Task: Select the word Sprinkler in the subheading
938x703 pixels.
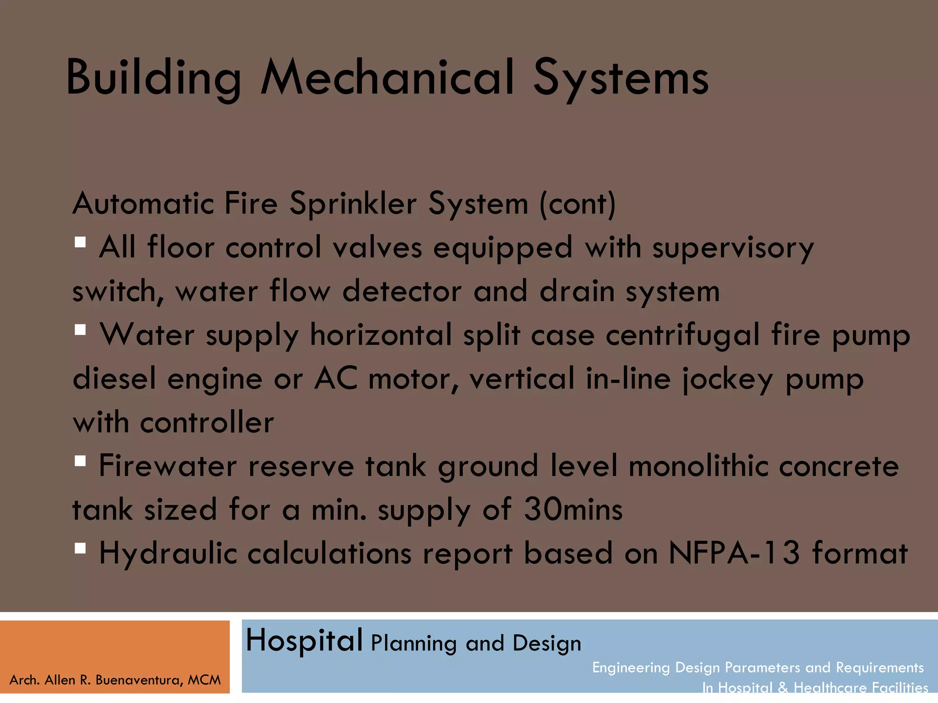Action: pyautogui.click(x=353, y=203)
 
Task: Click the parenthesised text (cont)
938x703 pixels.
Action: pyautogui.click(x=578, y=203)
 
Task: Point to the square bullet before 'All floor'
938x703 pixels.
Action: pyautogui.click(x=81, y=242)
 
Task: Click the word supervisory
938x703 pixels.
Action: pyautogui.click(x=733, y=248)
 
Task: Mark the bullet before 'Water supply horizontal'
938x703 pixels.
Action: pyautogui.click(x=81, y=330)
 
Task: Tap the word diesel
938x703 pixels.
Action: pyautogui.click(x=115, y=379)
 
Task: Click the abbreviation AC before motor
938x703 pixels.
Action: pyautogui.click(x=335, y=379)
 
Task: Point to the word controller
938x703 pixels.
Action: pyautogui.click(x=207, y=422)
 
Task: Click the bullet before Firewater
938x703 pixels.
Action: pyautogui.click(x=81, y=461)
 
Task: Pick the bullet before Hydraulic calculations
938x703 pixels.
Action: pyautogui.click(x=81, y=548)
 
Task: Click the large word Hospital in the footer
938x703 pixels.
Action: pyautogui.click(x=304, y=641)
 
